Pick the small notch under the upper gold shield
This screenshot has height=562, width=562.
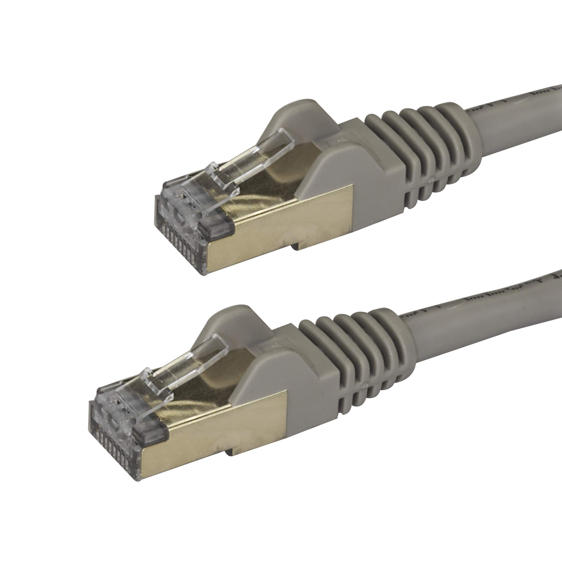(295, 247)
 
